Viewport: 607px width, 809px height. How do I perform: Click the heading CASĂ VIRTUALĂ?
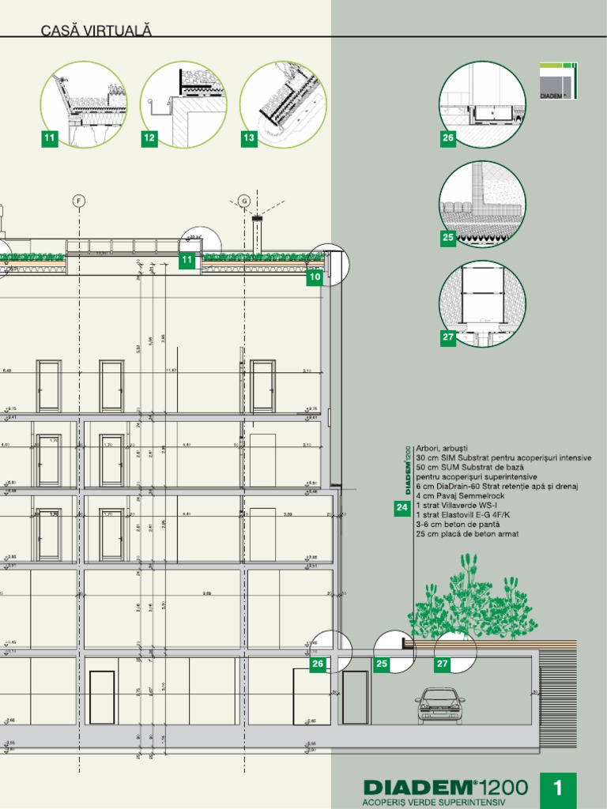(x=96, y=31)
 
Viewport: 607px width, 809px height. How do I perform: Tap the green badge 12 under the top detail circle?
(x=149, y=139)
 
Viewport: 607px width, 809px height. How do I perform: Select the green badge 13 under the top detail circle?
(x=249, y=139)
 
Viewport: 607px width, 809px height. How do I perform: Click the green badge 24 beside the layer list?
(x=402, y=508)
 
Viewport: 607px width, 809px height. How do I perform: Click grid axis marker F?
(x=78, y=201)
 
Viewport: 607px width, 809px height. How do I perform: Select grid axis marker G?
(x=243, y=201)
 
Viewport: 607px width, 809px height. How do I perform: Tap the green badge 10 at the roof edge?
(x=315, y=277)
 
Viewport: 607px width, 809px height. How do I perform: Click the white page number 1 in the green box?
(x=558, y=788)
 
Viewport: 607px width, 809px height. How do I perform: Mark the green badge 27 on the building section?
(x=443, y=664)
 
